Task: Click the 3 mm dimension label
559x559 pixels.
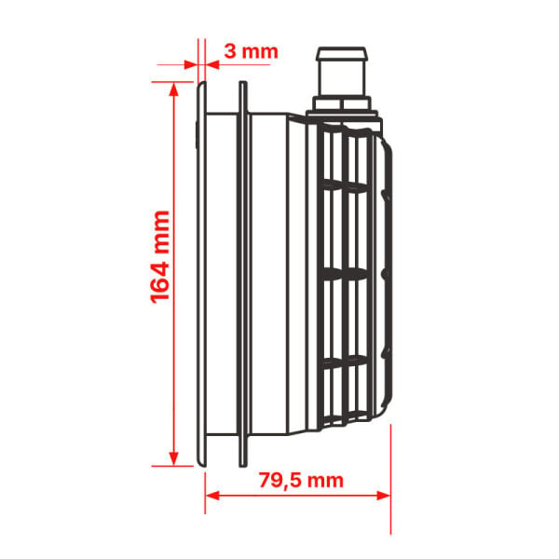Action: pyautogui.click(x=251, y=51)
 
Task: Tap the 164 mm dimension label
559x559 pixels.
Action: pyautogui.click(x=159, y=257)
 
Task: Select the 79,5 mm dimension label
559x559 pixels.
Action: pyautogui.click(x=301, y=481)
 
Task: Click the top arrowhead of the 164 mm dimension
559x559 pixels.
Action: pyautogui.click(x=173, y=89)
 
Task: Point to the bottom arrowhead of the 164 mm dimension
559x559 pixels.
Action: pyautogui.click(x=173, y=458)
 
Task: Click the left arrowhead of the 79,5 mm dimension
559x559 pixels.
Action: pyautogui.click(x=212, y=496)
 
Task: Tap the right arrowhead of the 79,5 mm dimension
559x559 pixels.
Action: pyautogui.click(x=384, y=496)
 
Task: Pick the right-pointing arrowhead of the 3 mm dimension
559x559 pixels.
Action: pyautogui.click(x=191, y=65)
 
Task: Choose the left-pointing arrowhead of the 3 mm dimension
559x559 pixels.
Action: pyautogui.click(x=212, y=65)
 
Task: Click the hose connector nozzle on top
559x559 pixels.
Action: pyautogui.click(x=342, y=72)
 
